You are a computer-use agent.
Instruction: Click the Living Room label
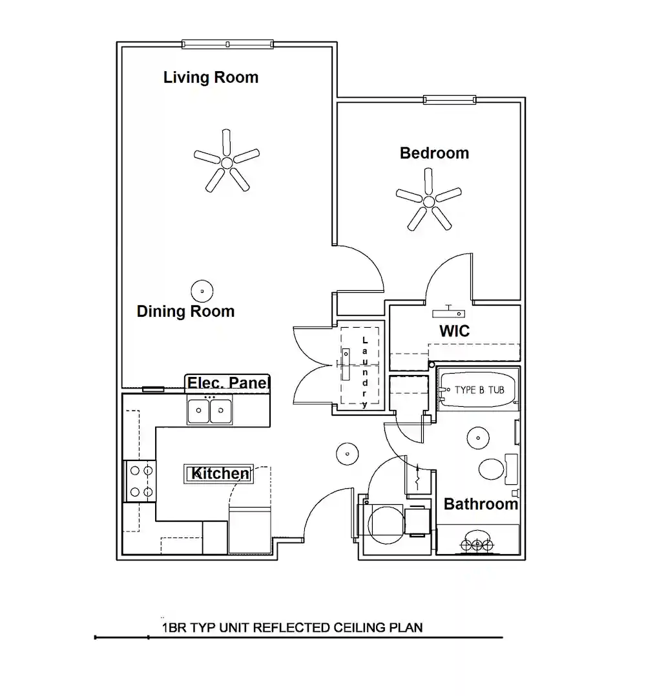(211, 78)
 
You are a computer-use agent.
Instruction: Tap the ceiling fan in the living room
(227, 162)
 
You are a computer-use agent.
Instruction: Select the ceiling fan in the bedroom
(429, 201)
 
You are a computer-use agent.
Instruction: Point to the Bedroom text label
(434, 153)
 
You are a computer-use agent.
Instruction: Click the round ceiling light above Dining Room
(202, 292)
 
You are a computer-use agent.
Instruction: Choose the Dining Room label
(185, 312)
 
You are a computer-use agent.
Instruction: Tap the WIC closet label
(454, 331)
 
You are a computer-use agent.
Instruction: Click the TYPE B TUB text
(479, 390)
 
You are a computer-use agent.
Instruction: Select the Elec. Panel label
(227, 383)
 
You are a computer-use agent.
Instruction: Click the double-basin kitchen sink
(210, 410)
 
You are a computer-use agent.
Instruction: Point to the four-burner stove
(140, 481)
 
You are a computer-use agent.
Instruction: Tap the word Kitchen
(220, 474)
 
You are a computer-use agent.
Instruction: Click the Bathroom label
(481, 504)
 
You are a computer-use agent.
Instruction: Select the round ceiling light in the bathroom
(478, 437)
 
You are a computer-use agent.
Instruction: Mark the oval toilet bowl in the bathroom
(491, 469)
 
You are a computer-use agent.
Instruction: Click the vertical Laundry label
(365, 372)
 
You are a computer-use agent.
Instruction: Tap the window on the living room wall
(227, 44)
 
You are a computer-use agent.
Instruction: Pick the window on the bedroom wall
(450, 100)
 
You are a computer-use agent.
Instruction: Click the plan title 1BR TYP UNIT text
(292, 627)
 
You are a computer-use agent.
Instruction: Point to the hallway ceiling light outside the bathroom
(347, 455)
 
